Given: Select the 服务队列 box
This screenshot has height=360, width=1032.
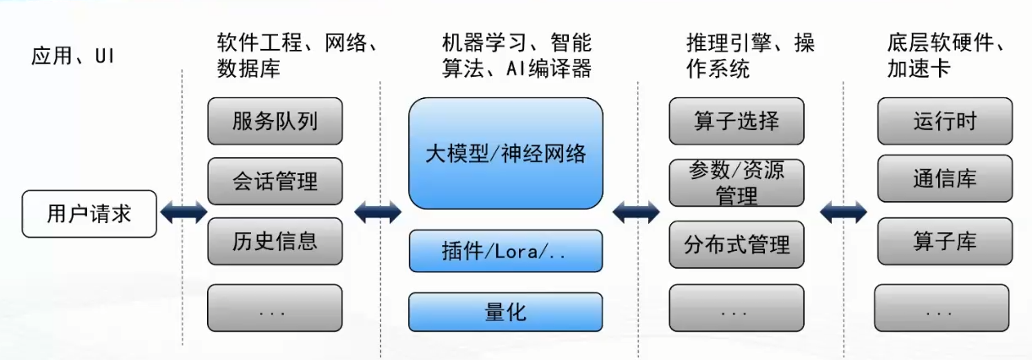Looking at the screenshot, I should pos(275,121).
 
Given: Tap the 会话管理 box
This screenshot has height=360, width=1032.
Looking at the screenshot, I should pos(275,181).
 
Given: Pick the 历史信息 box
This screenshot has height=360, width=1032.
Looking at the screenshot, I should pos(275,241).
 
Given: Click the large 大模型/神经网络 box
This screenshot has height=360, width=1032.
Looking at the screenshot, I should pos(505,153).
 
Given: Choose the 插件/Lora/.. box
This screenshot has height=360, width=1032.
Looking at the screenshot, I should pos(505,251).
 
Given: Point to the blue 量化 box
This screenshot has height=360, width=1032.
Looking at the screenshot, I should pos(505,312).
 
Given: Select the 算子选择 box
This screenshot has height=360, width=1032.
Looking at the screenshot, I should pos(735,121).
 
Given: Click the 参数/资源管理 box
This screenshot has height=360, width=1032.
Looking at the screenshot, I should pos(735,183).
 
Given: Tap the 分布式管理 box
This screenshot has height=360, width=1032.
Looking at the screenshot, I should pos(735,244).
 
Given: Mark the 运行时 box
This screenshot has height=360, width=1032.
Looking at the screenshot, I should pos(944,121).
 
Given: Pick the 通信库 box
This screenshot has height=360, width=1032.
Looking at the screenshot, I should pos(944,180).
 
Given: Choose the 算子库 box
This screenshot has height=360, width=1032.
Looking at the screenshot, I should pos(944,241).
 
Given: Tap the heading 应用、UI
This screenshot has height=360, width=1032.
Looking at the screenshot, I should pos(72,56).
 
